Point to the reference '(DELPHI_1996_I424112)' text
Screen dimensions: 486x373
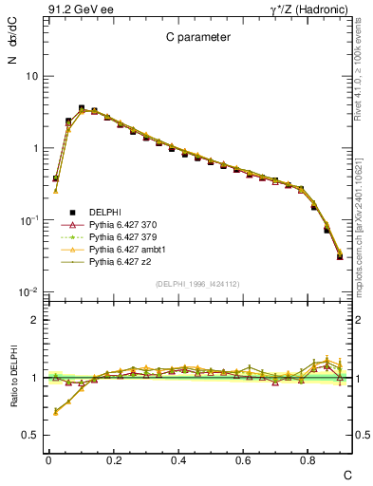pyautogui.click(x=197, y=283)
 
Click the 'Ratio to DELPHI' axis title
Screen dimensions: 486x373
pyautogui.click(x=12, y=378)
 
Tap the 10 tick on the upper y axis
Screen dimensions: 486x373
pyautogui.click(x=33, y=76)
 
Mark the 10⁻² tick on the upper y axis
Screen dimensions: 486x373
pyautogui.click(x=30, y=292)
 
